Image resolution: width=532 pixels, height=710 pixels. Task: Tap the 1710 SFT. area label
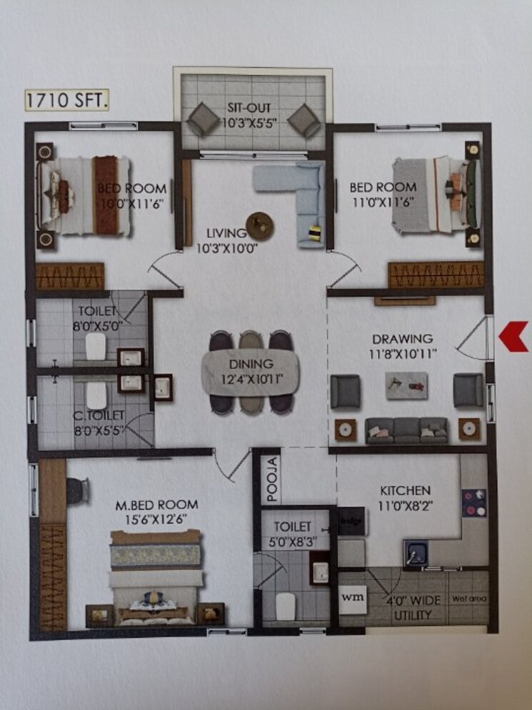[x=67, y=100]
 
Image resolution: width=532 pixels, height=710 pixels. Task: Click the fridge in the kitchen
[x=351, y=521]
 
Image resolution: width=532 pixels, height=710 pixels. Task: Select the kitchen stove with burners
[x=473, y=503]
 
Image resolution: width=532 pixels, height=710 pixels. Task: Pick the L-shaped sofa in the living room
[x=300, y=193]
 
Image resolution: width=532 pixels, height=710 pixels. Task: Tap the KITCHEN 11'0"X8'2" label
[x=405, y=497]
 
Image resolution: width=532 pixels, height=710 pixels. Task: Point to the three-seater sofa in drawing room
[x=406, y=429]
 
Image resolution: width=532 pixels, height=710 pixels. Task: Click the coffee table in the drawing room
[x=406, y=382]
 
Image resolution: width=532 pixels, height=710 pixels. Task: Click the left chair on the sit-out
[x=202, y=119]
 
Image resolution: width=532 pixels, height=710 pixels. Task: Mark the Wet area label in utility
[x=468, y=600]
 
